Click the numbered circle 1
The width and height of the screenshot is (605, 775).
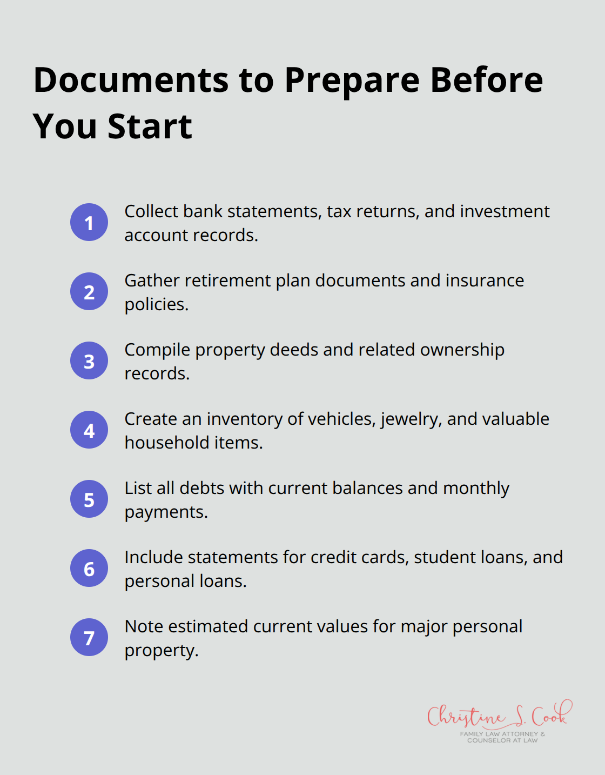89,222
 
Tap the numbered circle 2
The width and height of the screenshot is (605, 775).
89,291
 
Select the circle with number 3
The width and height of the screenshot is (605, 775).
89,360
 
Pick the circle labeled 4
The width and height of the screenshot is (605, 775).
89,430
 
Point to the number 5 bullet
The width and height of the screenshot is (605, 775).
89,499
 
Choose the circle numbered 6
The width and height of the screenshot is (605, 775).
89,568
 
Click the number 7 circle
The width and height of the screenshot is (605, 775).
89,637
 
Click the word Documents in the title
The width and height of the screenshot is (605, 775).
131,80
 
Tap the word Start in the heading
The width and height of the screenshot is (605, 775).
150,126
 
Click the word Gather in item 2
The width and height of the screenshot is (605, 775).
152,280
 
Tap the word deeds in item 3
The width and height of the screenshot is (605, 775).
294,350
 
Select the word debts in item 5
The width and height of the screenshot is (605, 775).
201,488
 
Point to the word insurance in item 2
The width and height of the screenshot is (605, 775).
485,280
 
